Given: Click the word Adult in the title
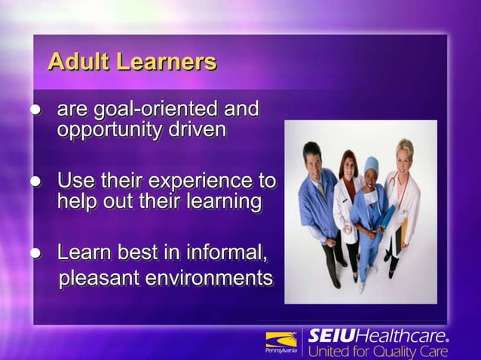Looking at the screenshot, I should click(78, 61).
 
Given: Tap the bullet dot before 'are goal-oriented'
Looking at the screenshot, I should click(34, 111).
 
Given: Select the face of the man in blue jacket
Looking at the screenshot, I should click(311, 157).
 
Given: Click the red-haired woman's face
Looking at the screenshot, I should click(348, 163).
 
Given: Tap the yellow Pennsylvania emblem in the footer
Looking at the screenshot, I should click(281, 340).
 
